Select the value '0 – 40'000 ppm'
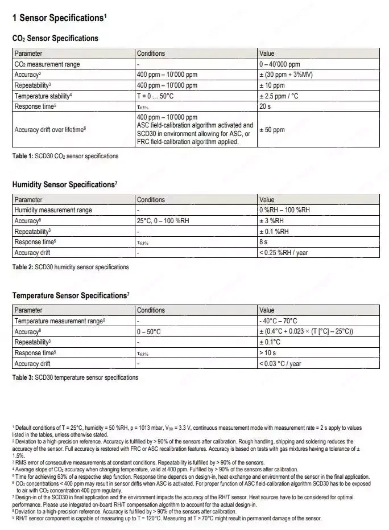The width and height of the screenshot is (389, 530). pos(279,64)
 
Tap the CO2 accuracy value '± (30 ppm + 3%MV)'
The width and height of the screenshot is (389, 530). pos(286,75)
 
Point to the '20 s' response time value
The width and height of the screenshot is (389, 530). pos(265,106)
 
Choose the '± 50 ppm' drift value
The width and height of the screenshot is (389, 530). pos(272,130)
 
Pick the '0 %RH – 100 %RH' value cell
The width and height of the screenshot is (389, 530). pos(285,210)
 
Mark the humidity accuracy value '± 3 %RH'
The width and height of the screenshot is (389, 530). pos(272,221)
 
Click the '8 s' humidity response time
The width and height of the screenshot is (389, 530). pos(263,242)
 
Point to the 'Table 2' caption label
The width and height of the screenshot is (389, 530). pos(23,267)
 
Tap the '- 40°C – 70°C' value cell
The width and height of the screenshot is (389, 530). pos(278,321)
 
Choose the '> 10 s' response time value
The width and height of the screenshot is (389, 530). pos(267,353)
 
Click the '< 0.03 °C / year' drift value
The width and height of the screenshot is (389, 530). pos(280,364)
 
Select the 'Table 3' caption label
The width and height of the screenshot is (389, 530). pos(23,377)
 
